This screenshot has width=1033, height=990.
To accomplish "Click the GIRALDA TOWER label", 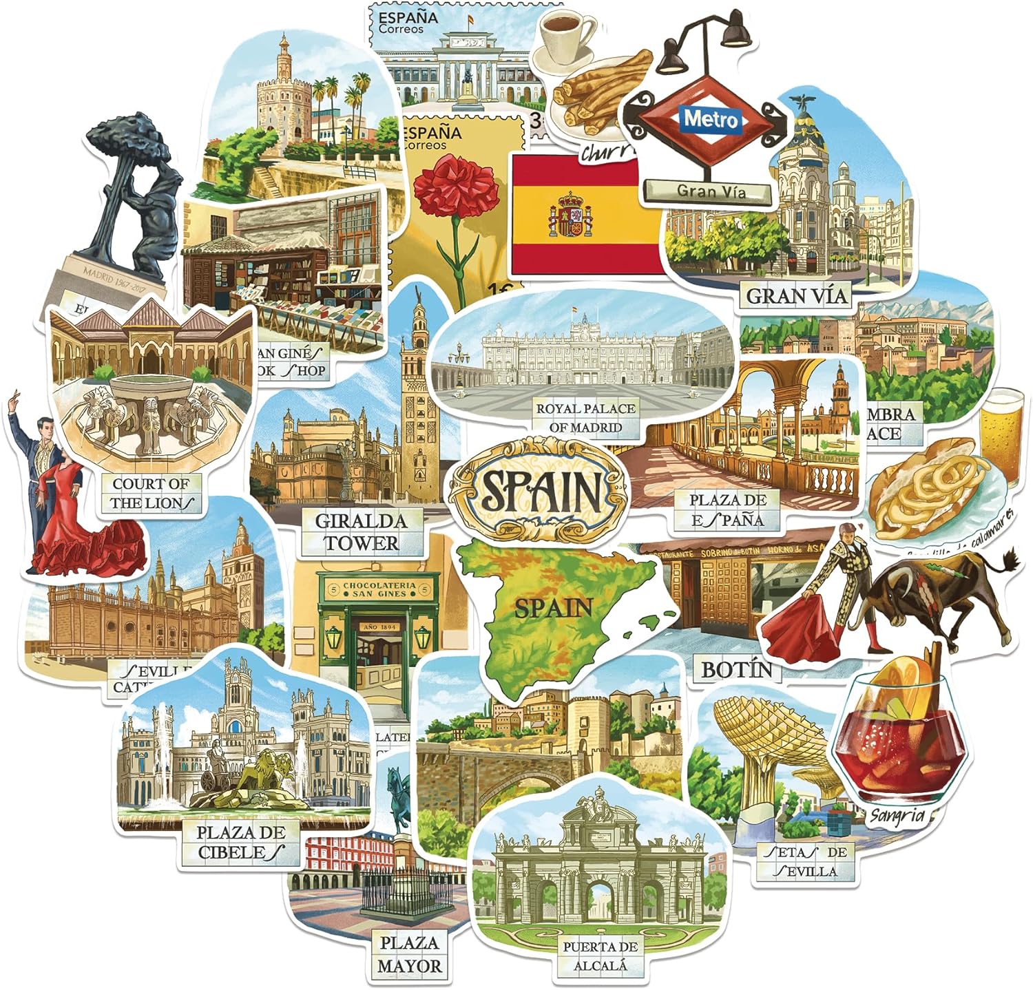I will pos(362,531).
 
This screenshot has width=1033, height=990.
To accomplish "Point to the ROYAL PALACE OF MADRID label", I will pos(585,418).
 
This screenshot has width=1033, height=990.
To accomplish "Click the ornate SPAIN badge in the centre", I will pos(539,489).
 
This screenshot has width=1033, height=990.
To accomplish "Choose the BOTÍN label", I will pos(736,669).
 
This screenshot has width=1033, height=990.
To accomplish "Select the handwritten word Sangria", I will pos(896,816).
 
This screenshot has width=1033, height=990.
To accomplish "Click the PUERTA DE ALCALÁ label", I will pos(600,956).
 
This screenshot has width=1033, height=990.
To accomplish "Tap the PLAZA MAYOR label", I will pos(410,954).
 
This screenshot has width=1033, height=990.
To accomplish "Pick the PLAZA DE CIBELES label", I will pos(240,843).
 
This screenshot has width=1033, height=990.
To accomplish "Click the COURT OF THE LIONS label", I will pos(151,493).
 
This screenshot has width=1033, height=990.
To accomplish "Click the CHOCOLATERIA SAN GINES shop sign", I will pos(379,589).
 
